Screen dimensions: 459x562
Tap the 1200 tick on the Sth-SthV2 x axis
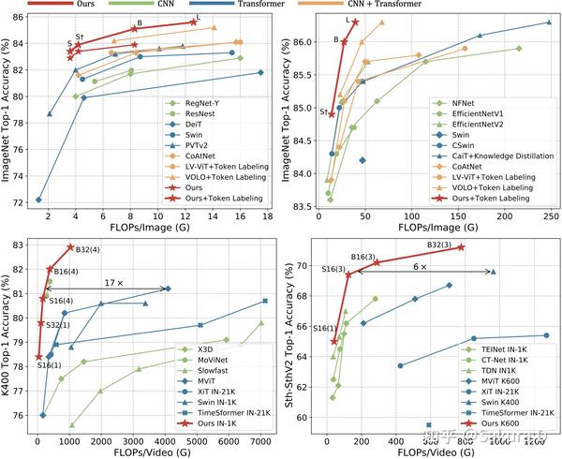(x=534, y=437)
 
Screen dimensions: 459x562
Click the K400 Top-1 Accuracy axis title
(x=8, y=330)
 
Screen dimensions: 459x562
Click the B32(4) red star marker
(x=70, y=247)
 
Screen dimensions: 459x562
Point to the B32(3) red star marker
(x=461, y=247)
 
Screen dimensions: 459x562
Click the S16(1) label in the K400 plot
(x=50, y=364)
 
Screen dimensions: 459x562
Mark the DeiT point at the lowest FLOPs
(x=38, y=200)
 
